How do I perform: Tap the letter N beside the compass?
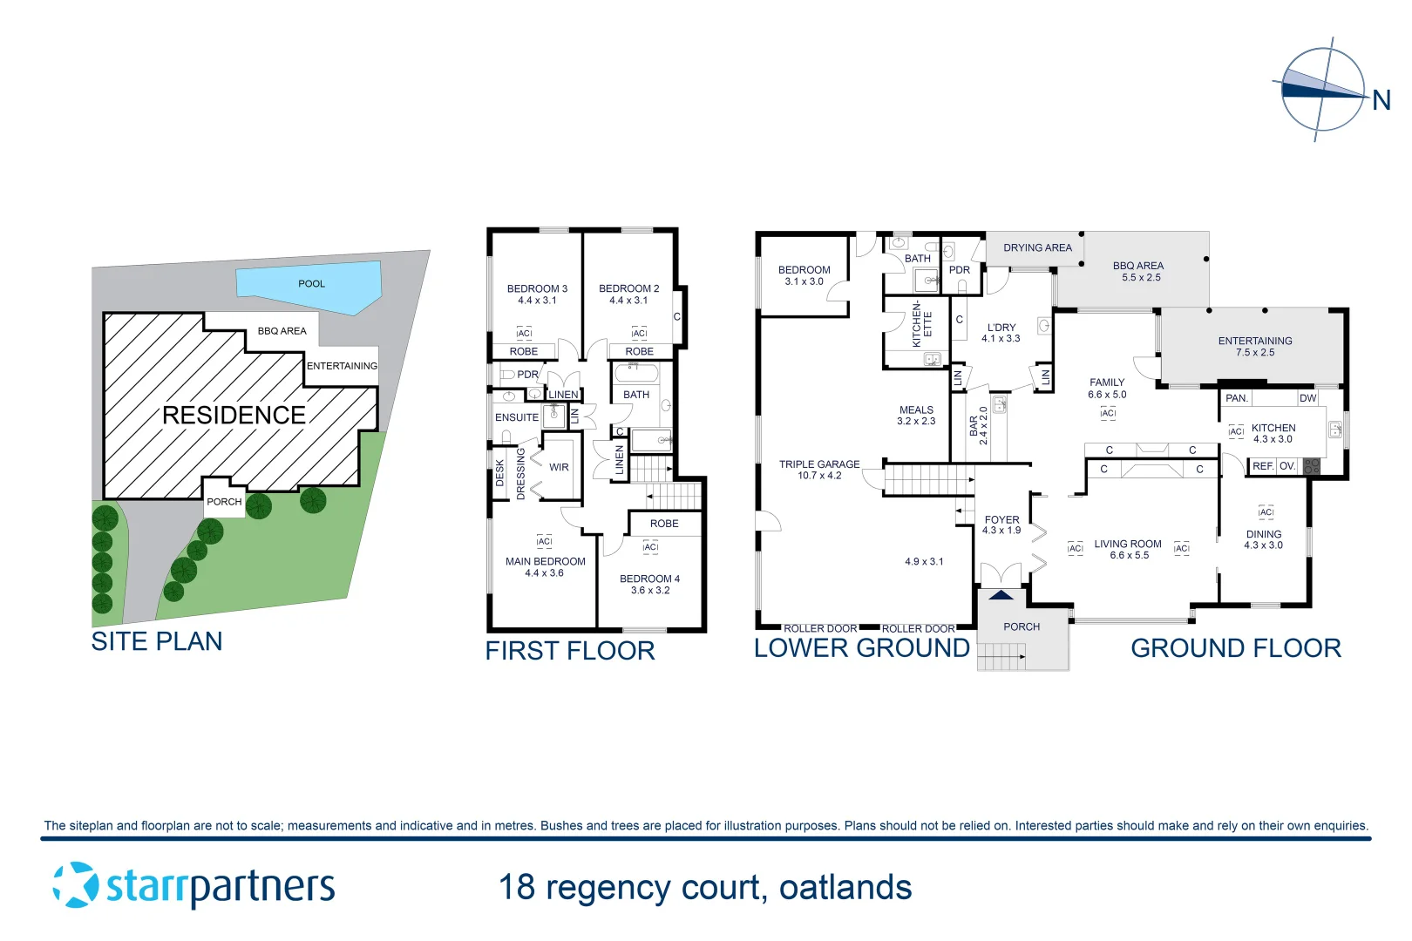tap(1381, 101)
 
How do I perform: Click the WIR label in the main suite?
tap(559, 468)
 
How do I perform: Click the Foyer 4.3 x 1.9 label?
tap(1001, 525)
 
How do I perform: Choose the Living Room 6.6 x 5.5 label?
tap(1128, 549)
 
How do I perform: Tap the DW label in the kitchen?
tap(1307, 398)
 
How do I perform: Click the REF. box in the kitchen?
tap(1262, 466)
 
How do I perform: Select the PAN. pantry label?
tap(1237, 398)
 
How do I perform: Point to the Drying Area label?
tap(1037, 248)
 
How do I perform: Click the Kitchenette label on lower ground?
tap(921, 324)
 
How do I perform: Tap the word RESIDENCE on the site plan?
tap(234, 416)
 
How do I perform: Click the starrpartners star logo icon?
tap(76, 885)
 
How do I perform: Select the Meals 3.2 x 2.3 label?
tap(916, 415)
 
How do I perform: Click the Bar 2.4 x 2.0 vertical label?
tap(978, 426)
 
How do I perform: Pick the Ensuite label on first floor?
tap(517, 417)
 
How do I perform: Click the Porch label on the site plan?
tap(224, 502)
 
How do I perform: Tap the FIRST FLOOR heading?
tap(569, 651)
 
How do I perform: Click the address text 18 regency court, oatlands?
tap(705, 888)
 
